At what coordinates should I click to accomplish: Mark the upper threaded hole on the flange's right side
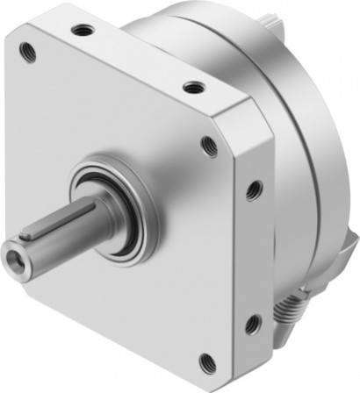pyautogui.click(x=254, y=187)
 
